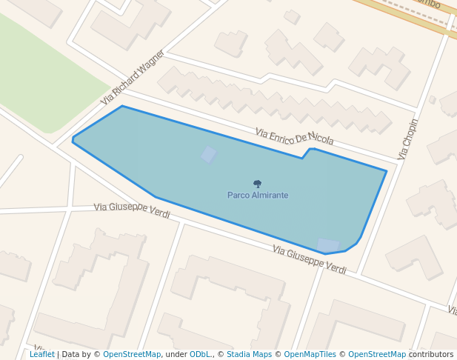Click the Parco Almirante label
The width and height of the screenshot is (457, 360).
pyautogui.click(x=258, y=195)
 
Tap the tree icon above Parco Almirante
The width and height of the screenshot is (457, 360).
pyautogui.click(x=258, y=184)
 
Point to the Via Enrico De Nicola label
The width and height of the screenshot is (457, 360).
pyautogui.click(x=294, y=136)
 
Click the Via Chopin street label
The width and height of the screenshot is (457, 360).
pyautogui.click(x=408, y=139)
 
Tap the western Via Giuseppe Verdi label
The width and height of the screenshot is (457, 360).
pyautogui.click(x=132, y=210)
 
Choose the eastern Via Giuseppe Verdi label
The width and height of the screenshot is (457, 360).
pyautogui.click(x=309, y=259)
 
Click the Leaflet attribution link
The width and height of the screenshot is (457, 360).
pyautogui.click(x=42, y=354)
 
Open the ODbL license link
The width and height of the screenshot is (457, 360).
pyautogui.click(x=201, y=354)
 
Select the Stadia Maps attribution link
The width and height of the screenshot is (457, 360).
pyautogui.click(x=249, y=354)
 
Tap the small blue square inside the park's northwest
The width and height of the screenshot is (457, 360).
pyautogui.click(x=210, y=154)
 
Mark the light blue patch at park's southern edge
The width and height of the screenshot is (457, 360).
pyautogui.click(x=327, y=245)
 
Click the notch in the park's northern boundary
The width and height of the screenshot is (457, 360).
pyautogui.click(x=308, y=152)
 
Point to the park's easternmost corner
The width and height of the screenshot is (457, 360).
pyautogui.click(x=386, y=171)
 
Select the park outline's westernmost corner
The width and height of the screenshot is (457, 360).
pyautogui.click(x=73, y=139)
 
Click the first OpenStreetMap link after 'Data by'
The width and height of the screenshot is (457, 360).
pyautogui.click(x=132, y=354)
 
